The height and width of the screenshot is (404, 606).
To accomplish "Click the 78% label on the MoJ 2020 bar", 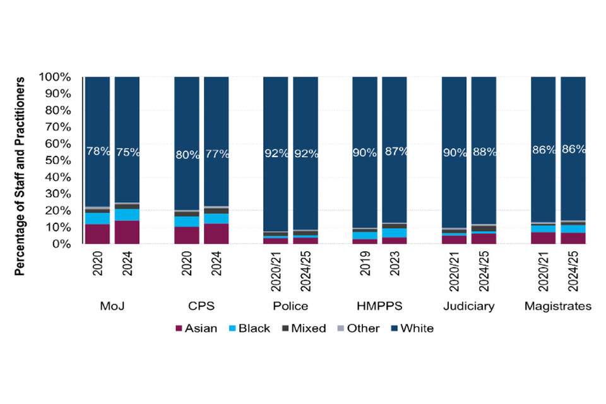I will (97, 152).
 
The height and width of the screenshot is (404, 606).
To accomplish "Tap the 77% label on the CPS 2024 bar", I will (216, 152).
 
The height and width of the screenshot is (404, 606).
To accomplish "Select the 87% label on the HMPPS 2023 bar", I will (395, 152).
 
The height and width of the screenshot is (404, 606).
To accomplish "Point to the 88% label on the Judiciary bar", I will (484, 152).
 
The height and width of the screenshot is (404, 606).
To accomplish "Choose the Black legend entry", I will (252, 328).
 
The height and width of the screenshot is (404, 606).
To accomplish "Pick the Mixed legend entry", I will (306, 328).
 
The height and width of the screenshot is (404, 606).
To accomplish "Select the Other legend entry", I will (360, 328).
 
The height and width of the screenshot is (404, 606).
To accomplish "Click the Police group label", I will (290, 306).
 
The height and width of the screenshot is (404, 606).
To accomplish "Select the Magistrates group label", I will (558, 306).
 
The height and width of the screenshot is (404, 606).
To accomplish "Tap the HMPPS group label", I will (379, 306).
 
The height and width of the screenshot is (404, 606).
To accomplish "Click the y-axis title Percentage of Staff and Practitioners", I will (20, 177).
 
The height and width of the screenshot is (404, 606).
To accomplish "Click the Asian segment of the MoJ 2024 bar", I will (127, 232).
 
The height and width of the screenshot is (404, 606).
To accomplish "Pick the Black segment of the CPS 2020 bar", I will (186, 222).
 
